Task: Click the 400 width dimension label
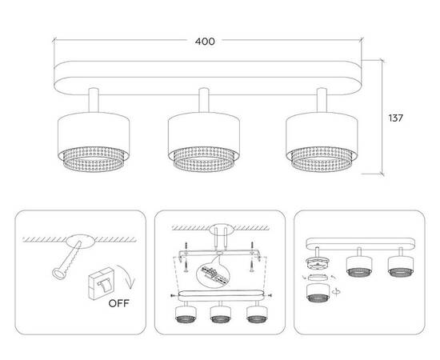coord(205,42)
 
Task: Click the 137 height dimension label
coord(395,118)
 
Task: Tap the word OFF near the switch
coord(118,303)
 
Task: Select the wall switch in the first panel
coord(101,284)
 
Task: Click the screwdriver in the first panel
coord(66,260)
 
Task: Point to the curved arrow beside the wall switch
coord(127,276)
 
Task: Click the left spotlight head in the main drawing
coord(94,142)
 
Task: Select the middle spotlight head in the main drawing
coord(204,142)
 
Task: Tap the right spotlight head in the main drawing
coord(322,142)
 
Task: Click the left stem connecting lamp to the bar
coord(94,100)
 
